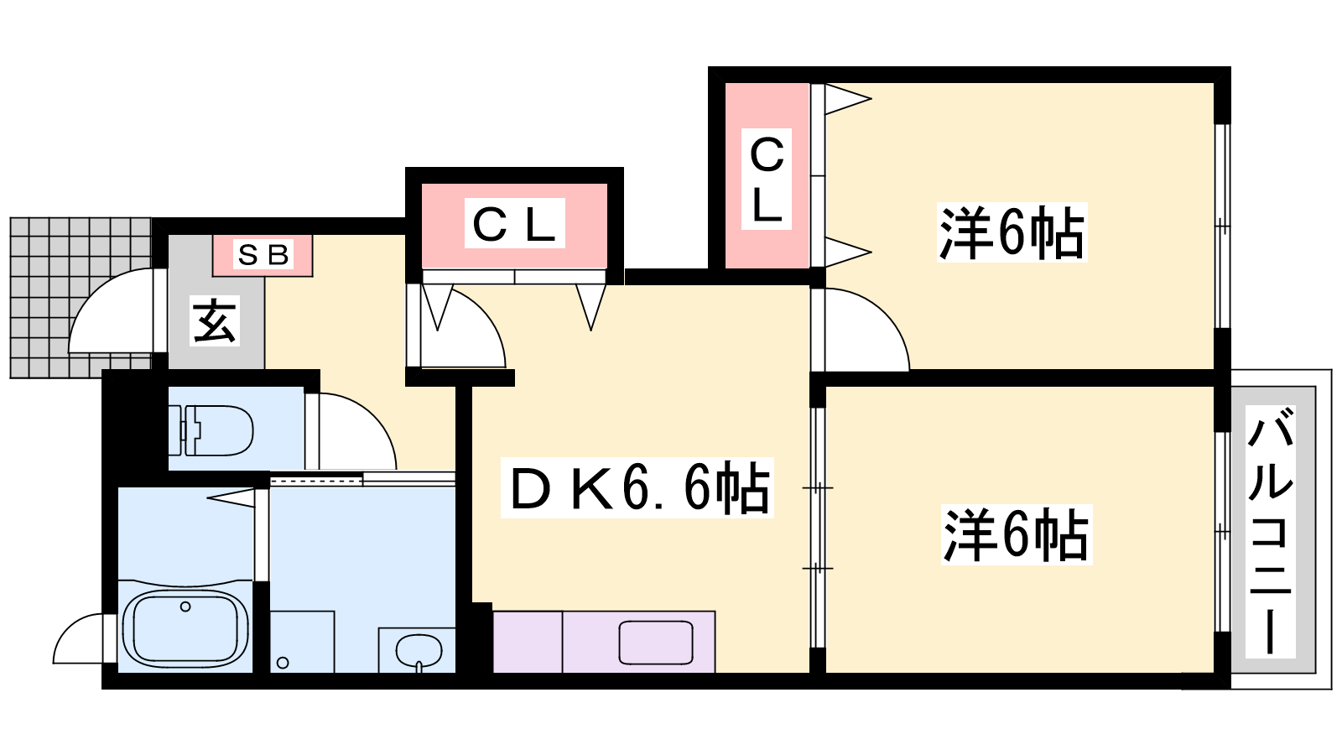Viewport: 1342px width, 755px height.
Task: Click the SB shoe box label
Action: [x=263, y=255]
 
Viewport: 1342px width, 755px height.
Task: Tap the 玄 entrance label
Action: [x=215, y=320]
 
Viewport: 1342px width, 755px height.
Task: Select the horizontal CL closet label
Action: [x=513, y=224]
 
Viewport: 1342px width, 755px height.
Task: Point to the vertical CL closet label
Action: [x=767, y=179]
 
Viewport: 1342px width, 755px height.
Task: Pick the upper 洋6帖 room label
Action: [x=1012, y=232]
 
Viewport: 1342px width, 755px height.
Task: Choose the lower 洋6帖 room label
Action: [x=1015, y=534]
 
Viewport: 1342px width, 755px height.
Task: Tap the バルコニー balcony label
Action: [x=1271, y=530]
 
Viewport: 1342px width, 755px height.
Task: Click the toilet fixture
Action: [x=217, y=430]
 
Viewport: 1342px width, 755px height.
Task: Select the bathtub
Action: [x=185, y=627]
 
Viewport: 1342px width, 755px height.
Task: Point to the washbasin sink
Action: [x=418, y=650]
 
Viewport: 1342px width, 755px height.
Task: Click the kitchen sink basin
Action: [x=656, y=643]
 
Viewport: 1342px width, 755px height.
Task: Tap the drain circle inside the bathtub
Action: [x=185, y=607]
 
